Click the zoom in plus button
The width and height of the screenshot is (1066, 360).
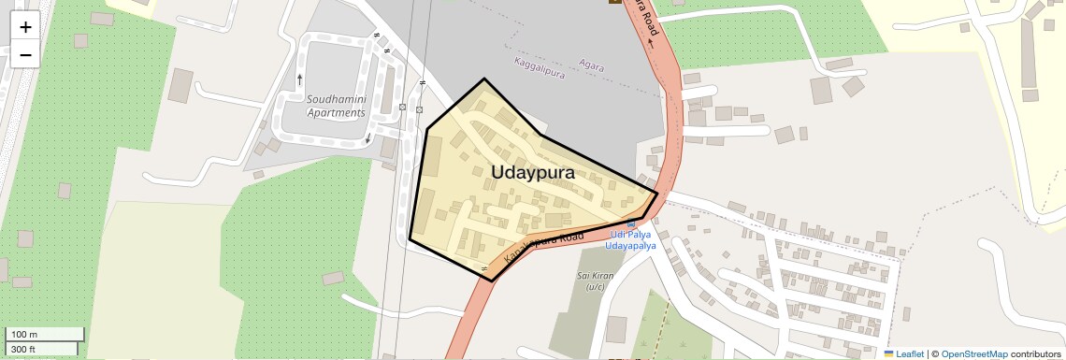tap(25, 27)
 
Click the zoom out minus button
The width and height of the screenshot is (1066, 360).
tap(25, 54)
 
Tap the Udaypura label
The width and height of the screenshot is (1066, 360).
tap(532, 173)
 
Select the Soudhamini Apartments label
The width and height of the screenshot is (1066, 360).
tap(336, 106)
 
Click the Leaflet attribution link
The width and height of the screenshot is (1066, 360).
tap(909, 353)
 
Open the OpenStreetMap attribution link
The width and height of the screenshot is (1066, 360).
tap(973, 353)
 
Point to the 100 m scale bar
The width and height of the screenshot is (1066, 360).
tap(45, 334)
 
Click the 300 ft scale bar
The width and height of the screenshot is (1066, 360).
tap(41, 349)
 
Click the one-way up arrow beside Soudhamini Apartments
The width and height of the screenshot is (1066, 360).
tap(299, 79)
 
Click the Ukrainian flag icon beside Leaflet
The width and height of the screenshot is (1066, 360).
tap(888, 353)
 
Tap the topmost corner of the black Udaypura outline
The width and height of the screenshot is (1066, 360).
tap(484, 79)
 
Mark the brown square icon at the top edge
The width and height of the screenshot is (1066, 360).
tap(614, 2)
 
